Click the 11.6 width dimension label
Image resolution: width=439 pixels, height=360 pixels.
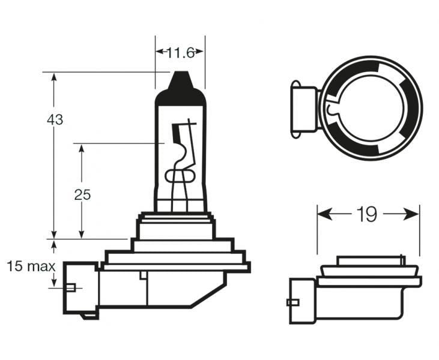[180, 53]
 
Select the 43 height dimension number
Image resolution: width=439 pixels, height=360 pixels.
[55, 119]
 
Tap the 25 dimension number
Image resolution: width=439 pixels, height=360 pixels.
[82, 194]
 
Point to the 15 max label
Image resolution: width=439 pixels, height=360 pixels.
[31, 266]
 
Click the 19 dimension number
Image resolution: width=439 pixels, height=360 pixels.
[367, 214]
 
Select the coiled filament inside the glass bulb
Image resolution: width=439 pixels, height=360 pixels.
[180, 175]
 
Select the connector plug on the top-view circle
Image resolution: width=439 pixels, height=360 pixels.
[303, 108]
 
